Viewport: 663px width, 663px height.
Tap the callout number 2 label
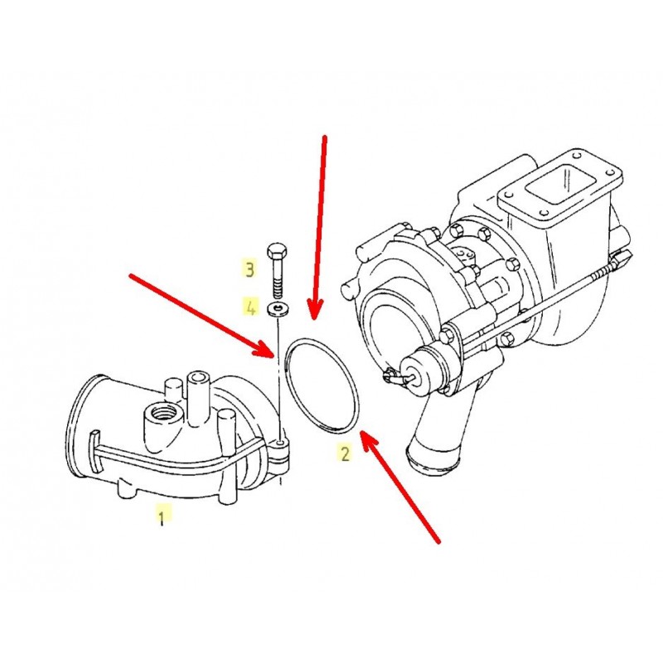[x=346, y=452]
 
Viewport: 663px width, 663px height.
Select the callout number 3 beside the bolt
[x=249, y=269]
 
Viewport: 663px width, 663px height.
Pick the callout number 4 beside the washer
[x=250, y=307]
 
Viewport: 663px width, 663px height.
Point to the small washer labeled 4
[x=278, y=310]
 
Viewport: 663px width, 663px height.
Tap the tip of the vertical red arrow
[x=313, y=318]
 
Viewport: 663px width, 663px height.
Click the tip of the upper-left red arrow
[x=275, y=356]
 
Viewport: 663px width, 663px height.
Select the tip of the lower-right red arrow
[x=361, y=431]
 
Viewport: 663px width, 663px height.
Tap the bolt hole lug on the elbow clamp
[x=280, y=444]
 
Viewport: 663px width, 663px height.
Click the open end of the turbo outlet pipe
[x=431, y=461]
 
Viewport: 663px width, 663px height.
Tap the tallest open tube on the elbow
[x=197, y=398]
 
